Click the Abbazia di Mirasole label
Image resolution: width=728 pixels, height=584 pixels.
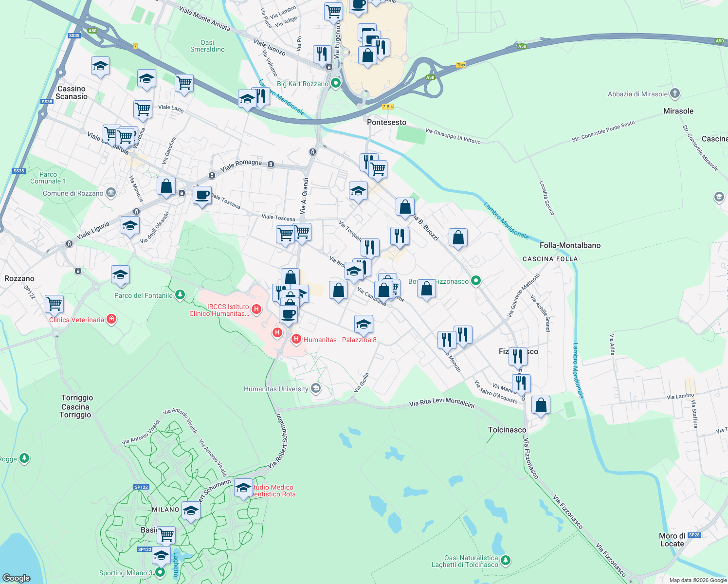click(x=637, y=94)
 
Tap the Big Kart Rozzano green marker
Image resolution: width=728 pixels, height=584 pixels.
click(x=335, y=84)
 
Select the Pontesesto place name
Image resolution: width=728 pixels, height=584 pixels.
click(x=386, y=122)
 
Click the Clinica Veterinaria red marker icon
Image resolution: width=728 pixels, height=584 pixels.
click(x=111, y=319)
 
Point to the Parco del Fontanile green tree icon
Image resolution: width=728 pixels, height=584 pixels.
click(x=180, y=295)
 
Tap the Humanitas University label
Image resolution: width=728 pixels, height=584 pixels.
click(x=276, y=389)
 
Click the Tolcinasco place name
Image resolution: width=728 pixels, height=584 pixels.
click(x=507, y=430)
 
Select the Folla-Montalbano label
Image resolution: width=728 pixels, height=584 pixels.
click(x=570, y=245)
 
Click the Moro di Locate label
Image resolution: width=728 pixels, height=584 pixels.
click(x=672, y=540)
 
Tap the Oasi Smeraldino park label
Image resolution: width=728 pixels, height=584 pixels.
click(x=207, y=46)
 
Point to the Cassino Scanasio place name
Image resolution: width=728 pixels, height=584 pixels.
click(x=72, y=92)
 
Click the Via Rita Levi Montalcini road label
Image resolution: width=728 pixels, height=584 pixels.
click(x=441, y=402)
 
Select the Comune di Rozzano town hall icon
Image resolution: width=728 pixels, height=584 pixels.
click(x=110, y=193)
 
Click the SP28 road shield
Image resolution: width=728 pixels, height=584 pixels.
click(x=694, y=535)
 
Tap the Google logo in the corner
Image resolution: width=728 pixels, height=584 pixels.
click(x=16, y=578)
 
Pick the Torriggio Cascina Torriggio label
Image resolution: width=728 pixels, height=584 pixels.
click(x=76, y=406)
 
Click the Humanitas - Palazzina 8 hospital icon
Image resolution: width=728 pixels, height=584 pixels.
click(x=296, y=339)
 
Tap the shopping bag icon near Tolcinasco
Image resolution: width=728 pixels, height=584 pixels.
click(x=541, y=405)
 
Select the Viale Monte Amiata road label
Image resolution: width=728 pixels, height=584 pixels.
click(x=204, y=18)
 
